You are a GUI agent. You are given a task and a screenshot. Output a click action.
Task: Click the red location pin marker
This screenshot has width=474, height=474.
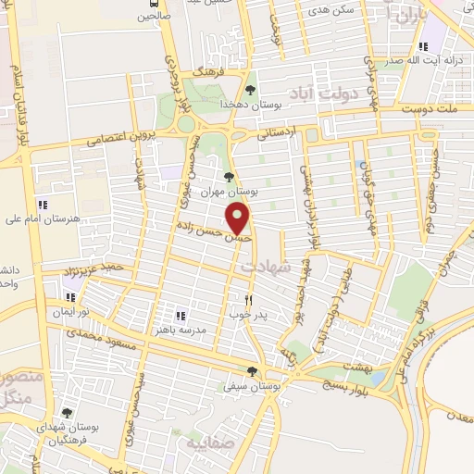(239, 218)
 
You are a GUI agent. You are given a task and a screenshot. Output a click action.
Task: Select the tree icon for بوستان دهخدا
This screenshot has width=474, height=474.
(250, 90)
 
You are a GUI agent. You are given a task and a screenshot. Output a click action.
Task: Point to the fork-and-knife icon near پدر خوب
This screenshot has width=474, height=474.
(248, 300)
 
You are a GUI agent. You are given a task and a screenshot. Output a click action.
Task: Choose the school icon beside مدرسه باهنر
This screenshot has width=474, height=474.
(181, 316)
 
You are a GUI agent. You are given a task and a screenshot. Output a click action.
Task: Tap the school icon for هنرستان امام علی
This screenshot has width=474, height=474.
(42, 205)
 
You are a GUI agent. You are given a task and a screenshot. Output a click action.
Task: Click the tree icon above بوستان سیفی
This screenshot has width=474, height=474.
(251, 371)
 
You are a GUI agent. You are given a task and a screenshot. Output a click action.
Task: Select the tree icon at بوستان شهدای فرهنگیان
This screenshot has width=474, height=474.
(65, 414)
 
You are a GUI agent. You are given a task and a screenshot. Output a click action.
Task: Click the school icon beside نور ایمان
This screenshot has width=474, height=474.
(71, 297)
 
